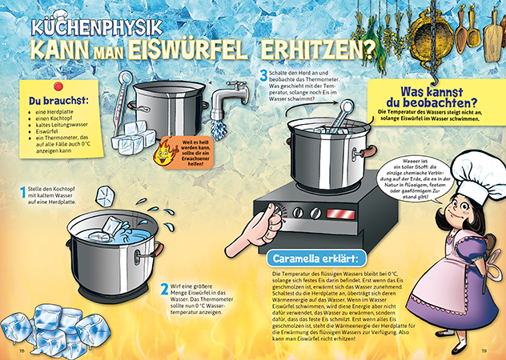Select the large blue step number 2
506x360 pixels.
point(164,290)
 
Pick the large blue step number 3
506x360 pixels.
point(263,76)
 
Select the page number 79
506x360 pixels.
point(484,350)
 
